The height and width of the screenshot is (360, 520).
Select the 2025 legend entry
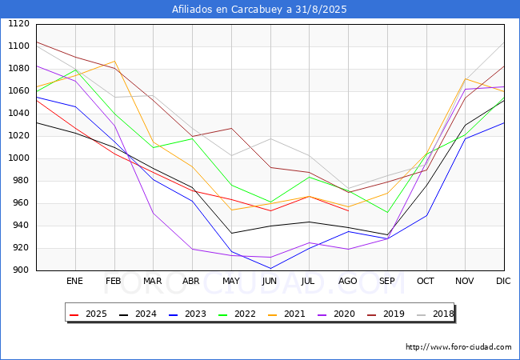tap(88, 314)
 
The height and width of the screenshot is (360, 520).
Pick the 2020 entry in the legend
tap(336, 314)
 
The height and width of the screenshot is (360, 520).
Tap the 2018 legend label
tap(435, 314)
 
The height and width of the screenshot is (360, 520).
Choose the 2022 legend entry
tap(237, 314)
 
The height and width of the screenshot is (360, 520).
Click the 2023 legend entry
tap(187, 314)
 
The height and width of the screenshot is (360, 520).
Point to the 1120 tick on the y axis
tap(18, 23)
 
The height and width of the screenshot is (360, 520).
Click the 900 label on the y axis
tap(21, 270)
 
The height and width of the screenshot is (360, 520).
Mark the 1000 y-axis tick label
tap(18, 158)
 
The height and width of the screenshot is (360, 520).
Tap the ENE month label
tap(74, 281)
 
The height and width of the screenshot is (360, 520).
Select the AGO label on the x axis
tap(347, 281)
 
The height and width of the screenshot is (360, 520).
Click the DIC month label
tap(503, 281)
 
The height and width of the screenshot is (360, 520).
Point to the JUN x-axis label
tap(270, 281)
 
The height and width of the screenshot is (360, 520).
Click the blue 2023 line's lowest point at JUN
tap(270, 268)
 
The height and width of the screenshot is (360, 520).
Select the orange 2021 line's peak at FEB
tap(114, 62)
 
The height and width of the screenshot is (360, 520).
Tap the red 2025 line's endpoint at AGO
tap(349, 211)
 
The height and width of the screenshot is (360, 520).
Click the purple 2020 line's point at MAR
tap(154, 213)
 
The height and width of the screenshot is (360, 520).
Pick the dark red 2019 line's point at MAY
tap(231, 128)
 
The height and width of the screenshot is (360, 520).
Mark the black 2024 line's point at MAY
tap(231, 233)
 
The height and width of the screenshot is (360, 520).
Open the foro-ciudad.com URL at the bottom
tap(458, 347)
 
